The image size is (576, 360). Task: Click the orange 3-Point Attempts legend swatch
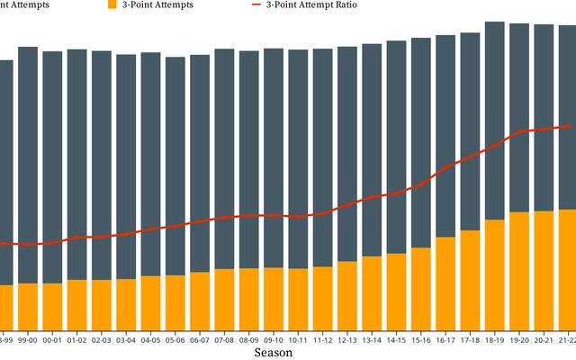click(x=112, y=4)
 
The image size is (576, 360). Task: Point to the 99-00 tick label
click(x=28, y=340)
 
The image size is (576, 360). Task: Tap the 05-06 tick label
click(x=175, y=340)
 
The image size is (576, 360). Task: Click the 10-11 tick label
click(x=298, y=340)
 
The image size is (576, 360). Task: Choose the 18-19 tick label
click(x=494, y=340)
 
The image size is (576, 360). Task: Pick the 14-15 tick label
click(x=396, y=340)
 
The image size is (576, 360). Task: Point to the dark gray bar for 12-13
click(x=347, y=153)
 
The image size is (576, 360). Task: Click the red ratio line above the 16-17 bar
click(x=445, y=166)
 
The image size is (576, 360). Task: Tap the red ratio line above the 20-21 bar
click(x=544, y=129)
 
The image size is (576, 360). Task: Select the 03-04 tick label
click(x=126, y=340)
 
